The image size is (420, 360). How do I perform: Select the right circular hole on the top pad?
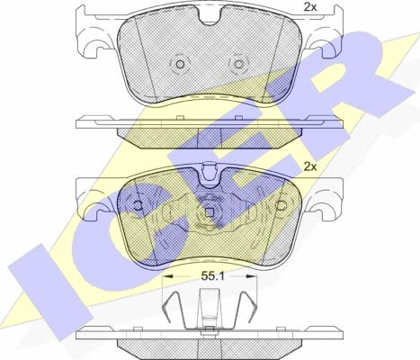coord(238,65)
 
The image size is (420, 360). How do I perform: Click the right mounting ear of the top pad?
coord(326,40)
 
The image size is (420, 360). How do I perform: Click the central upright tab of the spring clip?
coord(210,310)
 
